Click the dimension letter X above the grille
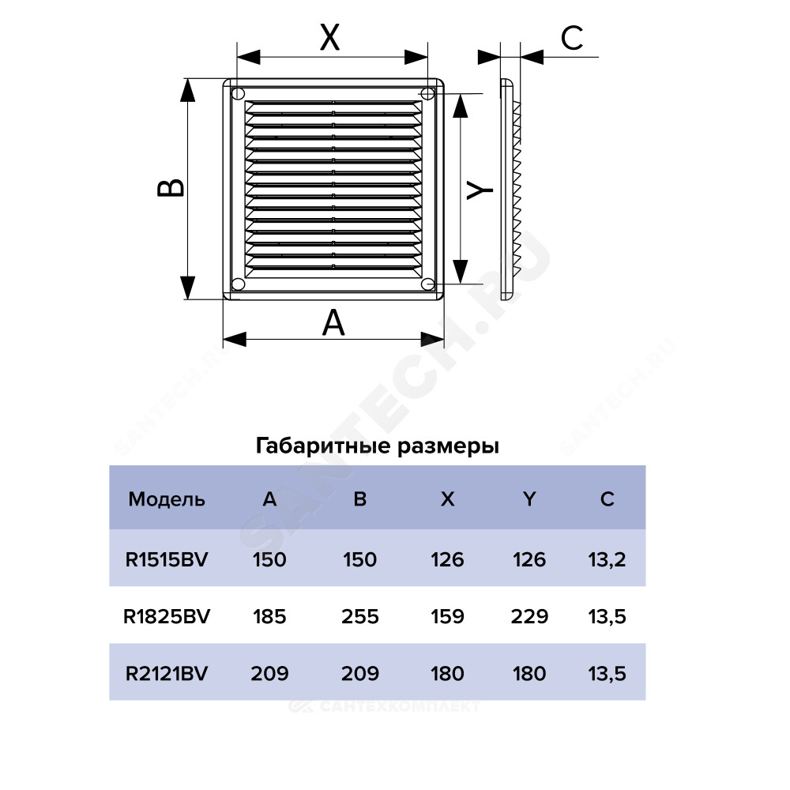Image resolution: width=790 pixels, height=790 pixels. [x=330, y=37]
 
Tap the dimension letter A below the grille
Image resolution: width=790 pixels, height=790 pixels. [x=333, y=323]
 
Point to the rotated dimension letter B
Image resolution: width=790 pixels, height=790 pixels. [x=171, y=188]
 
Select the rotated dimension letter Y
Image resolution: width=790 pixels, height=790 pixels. [x=480, y=190]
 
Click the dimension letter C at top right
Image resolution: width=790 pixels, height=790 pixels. [x=572, y=38]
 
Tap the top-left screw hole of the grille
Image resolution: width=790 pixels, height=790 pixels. [x=239, y=93]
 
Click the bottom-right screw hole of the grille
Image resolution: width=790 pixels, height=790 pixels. [x=428, y=284]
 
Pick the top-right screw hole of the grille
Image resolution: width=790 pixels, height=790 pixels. [x=427, y=93]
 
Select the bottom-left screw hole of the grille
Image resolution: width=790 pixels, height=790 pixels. [x=239, y=284]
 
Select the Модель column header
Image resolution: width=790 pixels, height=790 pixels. [x=167, y=498]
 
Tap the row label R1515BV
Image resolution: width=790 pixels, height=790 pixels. [x=167, y=559]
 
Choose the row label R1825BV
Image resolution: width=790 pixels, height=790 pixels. [x=167, y=616]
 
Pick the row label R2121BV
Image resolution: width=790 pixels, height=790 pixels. [x=167, y=673]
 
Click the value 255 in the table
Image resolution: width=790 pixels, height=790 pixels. [x=359, y=616]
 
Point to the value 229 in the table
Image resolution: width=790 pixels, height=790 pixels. [x=529, y=616]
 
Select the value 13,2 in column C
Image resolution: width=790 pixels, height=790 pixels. [x=607, y=560]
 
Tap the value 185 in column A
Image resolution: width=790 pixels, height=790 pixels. [x=269, y=616]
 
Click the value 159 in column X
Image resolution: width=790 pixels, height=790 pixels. [x=447, y=616]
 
